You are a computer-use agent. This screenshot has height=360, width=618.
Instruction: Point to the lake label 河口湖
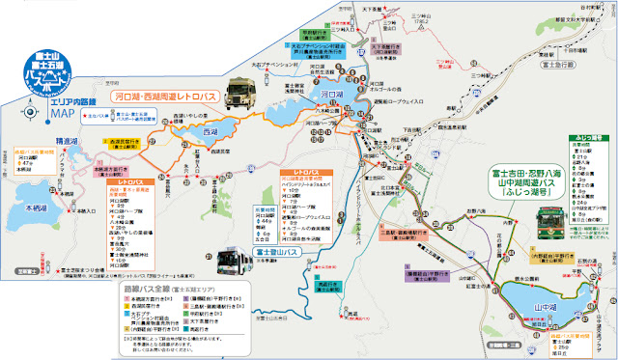click(325, 96)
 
